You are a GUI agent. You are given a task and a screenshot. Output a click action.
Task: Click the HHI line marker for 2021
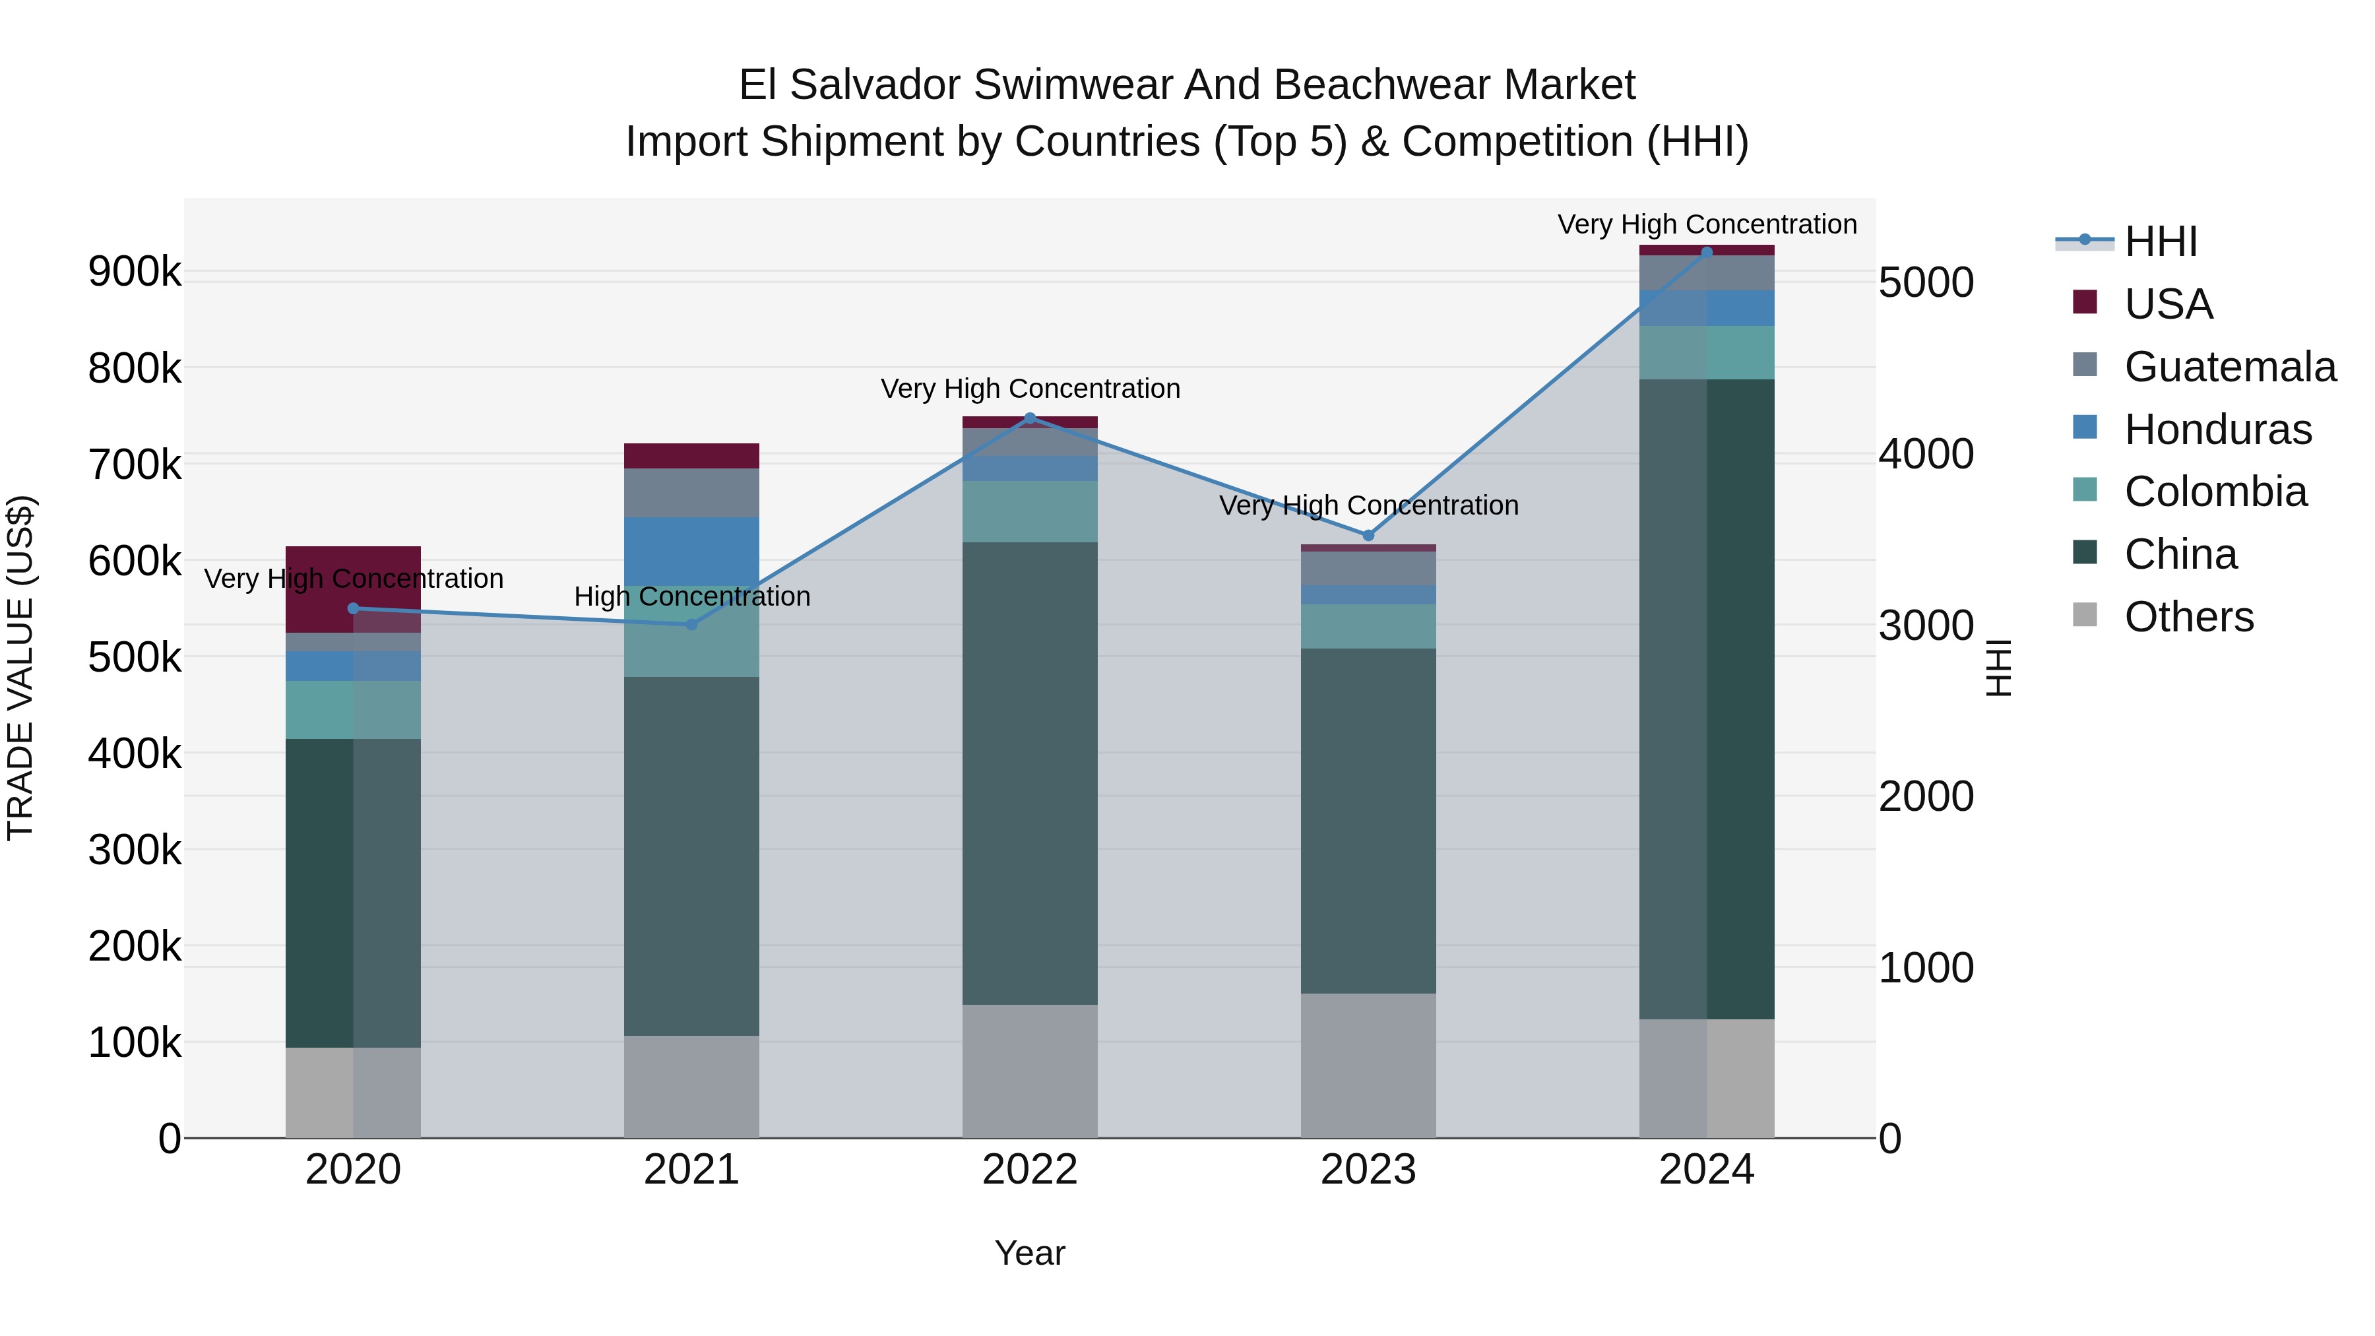[x=691, y=624]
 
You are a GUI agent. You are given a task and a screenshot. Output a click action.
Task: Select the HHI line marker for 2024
[x=1707, y=252]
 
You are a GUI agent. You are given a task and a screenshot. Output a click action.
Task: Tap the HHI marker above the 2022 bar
[x=1030, y=418]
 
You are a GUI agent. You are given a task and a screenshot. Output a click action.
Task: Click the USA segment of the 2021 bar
[x=691, y=455]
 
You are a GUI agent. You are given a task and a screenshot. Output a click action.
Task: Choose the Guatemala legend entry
[x=2229, y=366]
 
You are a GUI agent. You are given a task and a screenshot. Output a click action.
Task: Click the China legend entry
[x=2180, y=554]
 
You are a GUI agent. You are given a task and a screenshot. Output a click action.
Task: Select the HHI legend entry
[x=2160, y=241]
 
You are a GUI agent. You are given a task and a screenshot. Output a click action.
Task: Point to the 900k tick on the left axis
[x=135, y=272]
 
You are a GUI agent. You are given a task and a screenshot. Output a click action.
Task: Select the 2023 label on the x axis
[x=1368, y=1169]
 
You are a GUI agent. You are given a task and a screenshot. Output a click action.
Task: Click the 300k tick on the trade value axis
[x=135, y=849]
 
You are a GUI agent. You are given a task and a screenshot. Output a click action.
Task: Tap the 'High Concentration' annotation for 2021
[x=691, y=596]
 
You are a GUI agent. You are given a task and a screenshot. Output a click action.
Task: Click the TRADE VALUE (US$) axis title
[x=20, y=668]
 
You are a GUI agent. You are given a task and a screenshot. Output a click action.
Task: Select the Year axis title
[x=1030, y=1253]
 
